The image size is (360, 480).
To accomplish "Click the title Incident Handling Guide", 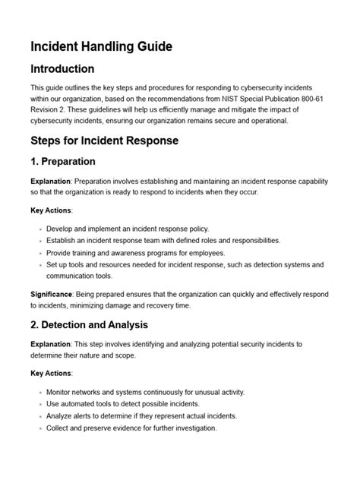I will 101,46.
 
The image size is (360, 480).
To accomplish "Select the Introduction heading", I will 62,70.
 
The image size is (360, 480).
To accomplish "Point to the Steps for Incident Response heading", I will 104,141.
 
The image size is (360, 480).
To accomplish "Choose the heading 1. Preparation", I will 63,161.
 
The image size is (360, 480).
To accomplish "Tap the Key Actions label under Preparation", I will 52,210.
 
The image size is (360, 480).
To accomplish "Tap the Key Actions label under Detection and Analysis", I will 52,373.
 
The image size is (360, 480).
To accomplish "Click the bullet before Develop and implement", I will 39,229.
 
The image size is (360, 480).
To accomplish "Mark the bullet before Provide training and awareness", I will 39,253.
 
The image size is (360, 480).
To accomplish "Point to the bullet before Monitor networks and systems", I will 39,392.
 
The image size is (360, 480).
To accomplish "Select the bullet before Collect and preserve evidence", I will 39,428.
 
